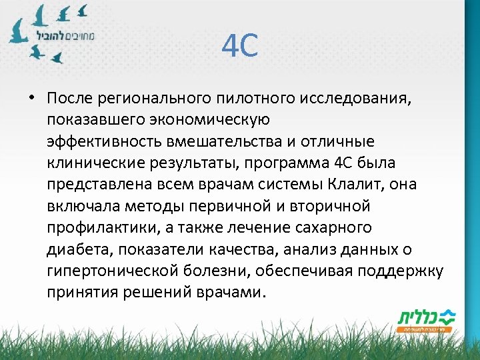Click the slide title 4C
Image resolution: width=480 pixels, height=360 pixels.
(x=239, y=47)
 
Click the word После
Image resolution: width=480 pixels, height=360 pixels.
(x=71, y=99)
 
